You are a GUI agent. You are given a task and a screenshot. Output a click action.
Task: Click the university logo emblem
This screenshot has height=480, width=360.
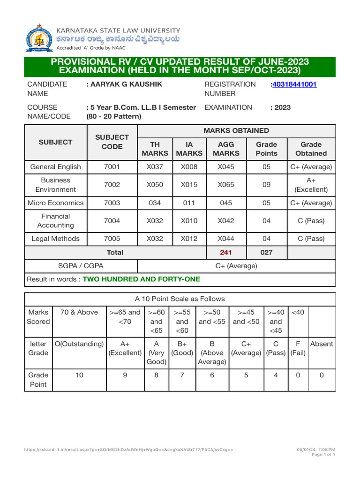pyautogui.click(x=39, y=37)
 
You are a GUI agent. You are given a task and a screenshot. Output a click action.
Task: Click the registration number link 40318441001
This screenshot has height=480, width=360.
pyautogui.click(x=294, y=84)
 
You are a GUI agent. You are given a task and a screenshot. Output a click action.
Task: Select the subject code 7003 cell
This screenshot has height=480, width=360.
pyautogui.click(x=112, y=203)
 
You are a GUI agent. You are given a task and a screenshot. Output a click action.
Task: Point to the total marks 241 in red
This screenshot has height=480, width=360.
pyautogui.click(x=226, y=252)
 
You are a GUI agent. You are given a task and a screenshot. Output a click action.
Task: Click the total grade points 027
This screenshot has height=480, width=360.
pyautogui.click(x=266, y=252)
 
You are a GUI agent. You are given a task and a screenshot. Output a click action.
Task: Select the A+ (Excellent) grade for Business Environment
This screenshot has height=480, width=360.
pyautogui.click(x=311, y=185)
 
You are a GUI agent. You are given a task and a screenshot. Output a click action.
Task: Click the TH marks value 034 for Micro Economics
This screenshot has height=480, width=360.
pyautogui.click(x=155, y=203)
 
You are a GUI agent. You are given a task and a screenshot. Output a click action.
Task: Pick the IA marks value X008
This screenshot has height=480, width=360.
pyautogui.click(x=189, y=167)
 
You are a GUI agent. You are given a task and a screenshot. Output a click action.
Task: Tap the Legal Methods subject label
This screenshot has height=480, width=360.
pyautogui.click(x=55, y=239)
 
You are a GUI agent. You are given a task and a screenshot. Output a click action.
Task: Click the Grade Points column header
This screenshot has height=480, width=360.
pyautogui.click(x=266, y=149)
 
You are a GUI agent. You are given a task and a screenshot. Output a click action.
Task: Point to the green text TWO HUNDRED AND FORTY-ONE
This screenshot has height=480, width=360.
pyautogui.click(x=141, y=279)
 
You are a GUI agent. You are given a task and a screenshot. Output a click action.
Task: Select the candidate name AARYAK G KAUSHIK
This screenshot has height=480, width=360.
pyautogui.click(x=124, y=84)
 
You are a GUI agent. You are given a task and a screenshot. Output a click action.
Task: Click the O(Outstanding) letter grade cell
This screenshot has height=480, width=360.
pyautogui.click(x=79, y=344)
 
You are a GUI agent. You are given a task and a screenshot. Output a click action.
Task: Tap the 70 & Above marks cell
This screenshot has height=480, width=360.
pyautogui.click(x=79, y=312)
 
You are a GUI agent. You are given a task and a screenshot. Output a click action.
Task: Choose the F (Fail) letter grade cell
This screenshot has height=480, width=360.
pyautogui.click(x=298, y=348)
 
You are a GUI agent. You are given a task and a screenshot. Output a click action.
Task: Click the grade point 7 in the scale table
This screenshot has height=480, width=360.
pyautogui.click(x=182, y=375)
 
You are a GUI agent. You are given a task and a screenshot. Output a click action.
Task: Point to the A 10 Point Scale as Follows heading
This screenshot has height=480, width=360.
pyautogui.click(x=180, y=299)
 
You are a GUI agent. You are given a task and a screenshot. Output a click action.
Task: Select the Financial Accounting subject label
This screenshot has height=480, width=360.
pyautogui.click(x=55, y=221)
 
